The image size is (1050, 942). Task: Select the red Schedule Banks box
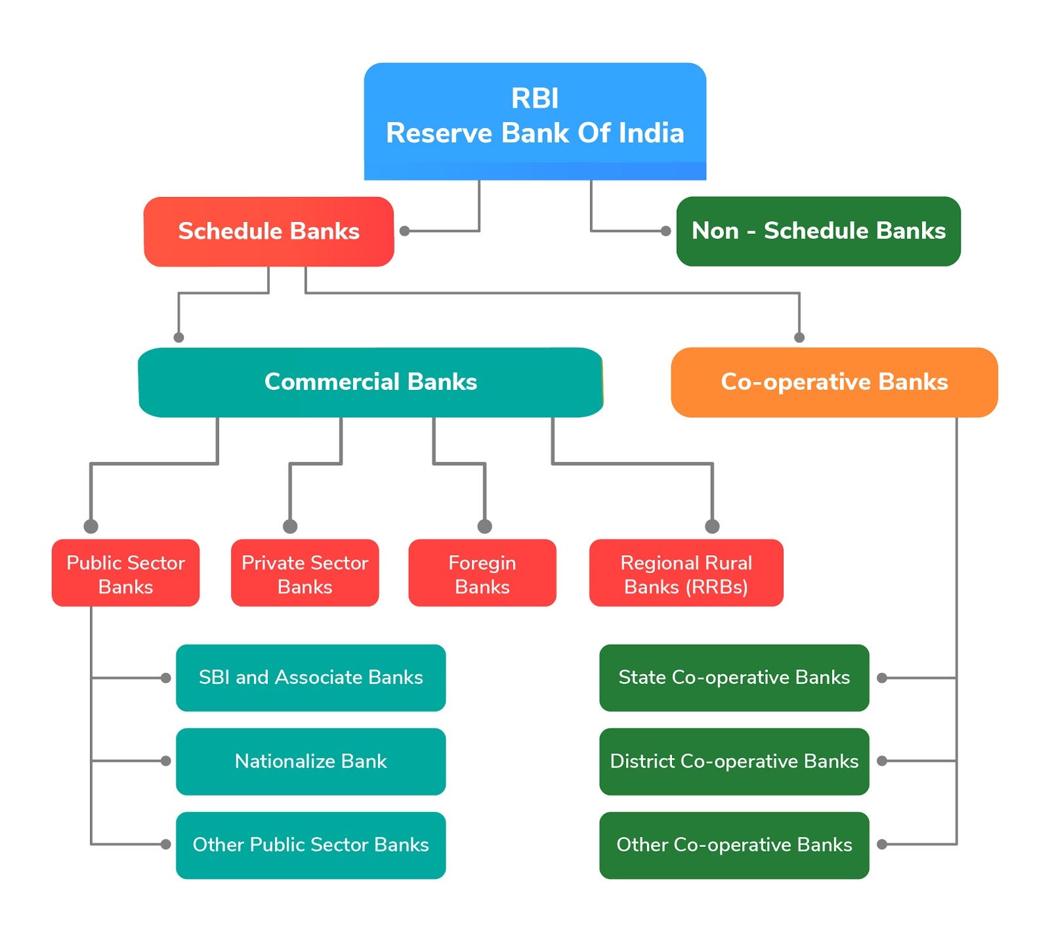[x=268, y=231]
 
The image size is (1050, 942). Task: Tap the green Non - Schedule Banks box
[x=818, y=231]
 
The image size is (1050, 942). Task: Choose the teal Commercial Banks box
[x=370, y=382]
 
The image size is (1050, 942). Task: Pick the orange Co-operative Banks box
[x=834, y=382]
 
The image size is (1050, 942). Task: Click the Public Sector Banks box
[x=125, y=573]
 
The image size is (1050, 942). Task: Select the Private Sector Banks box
[x=304, y=573]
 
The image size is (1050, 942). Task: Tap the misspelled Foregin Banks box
[x=482, y=573]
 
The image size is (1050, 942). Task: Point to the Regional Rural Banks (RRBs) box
[x=686, y=573]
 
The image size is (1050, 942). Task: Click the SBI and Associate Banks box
[x=310, y=677]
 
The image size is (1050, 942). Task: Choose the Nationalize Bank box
[x=310, y=761]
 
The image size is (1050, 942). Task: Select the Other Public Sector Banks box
[x=310, y=845]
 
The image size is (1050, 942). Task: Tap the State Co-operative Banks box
[x=734, y=677]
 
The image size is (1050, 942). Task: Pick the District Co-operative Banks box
[x=734, y=761]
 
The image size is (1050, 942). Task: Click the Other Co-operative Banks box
[x=734, y=845]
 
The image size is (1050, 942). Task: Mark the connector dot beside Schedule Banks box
[x=405, y=231]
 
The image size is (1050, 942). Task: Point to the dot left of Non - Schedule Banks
[x=665, y=231]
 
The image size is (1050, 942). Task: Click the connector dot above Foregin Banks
[x=484, y=526]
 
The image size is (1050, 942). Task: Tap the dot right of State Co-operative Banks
[x=882, y=677]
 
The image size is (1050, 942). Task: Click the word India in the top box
[x=651, y=133]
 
